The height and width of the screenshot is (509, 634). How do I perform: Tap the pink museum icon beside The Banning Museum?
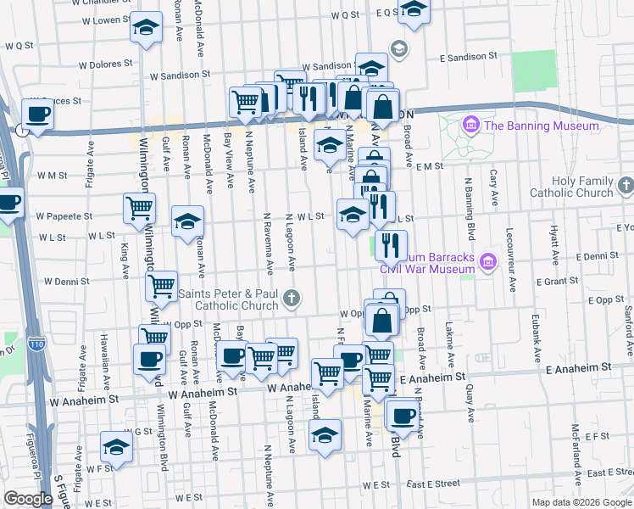click(471, 126)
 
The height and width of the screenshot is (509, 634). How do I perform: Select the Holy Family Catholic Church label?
click(569, 187)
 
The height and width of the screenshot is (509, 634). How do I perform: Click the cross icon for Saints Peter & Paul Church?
click(291, 296)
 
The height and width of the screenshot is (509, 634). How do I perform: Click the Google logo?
click(28, 499)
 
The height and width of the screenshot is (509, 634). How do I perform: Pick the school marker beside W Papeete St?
click(187, 221)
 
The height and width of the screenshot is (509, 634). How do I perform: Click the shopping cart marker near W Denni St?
click(160, 286)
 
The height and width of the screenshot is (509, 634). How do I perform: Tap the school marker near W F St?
click(116, 446)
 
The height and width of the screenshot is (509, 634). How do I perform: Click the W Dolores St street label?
click(105, 63)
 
